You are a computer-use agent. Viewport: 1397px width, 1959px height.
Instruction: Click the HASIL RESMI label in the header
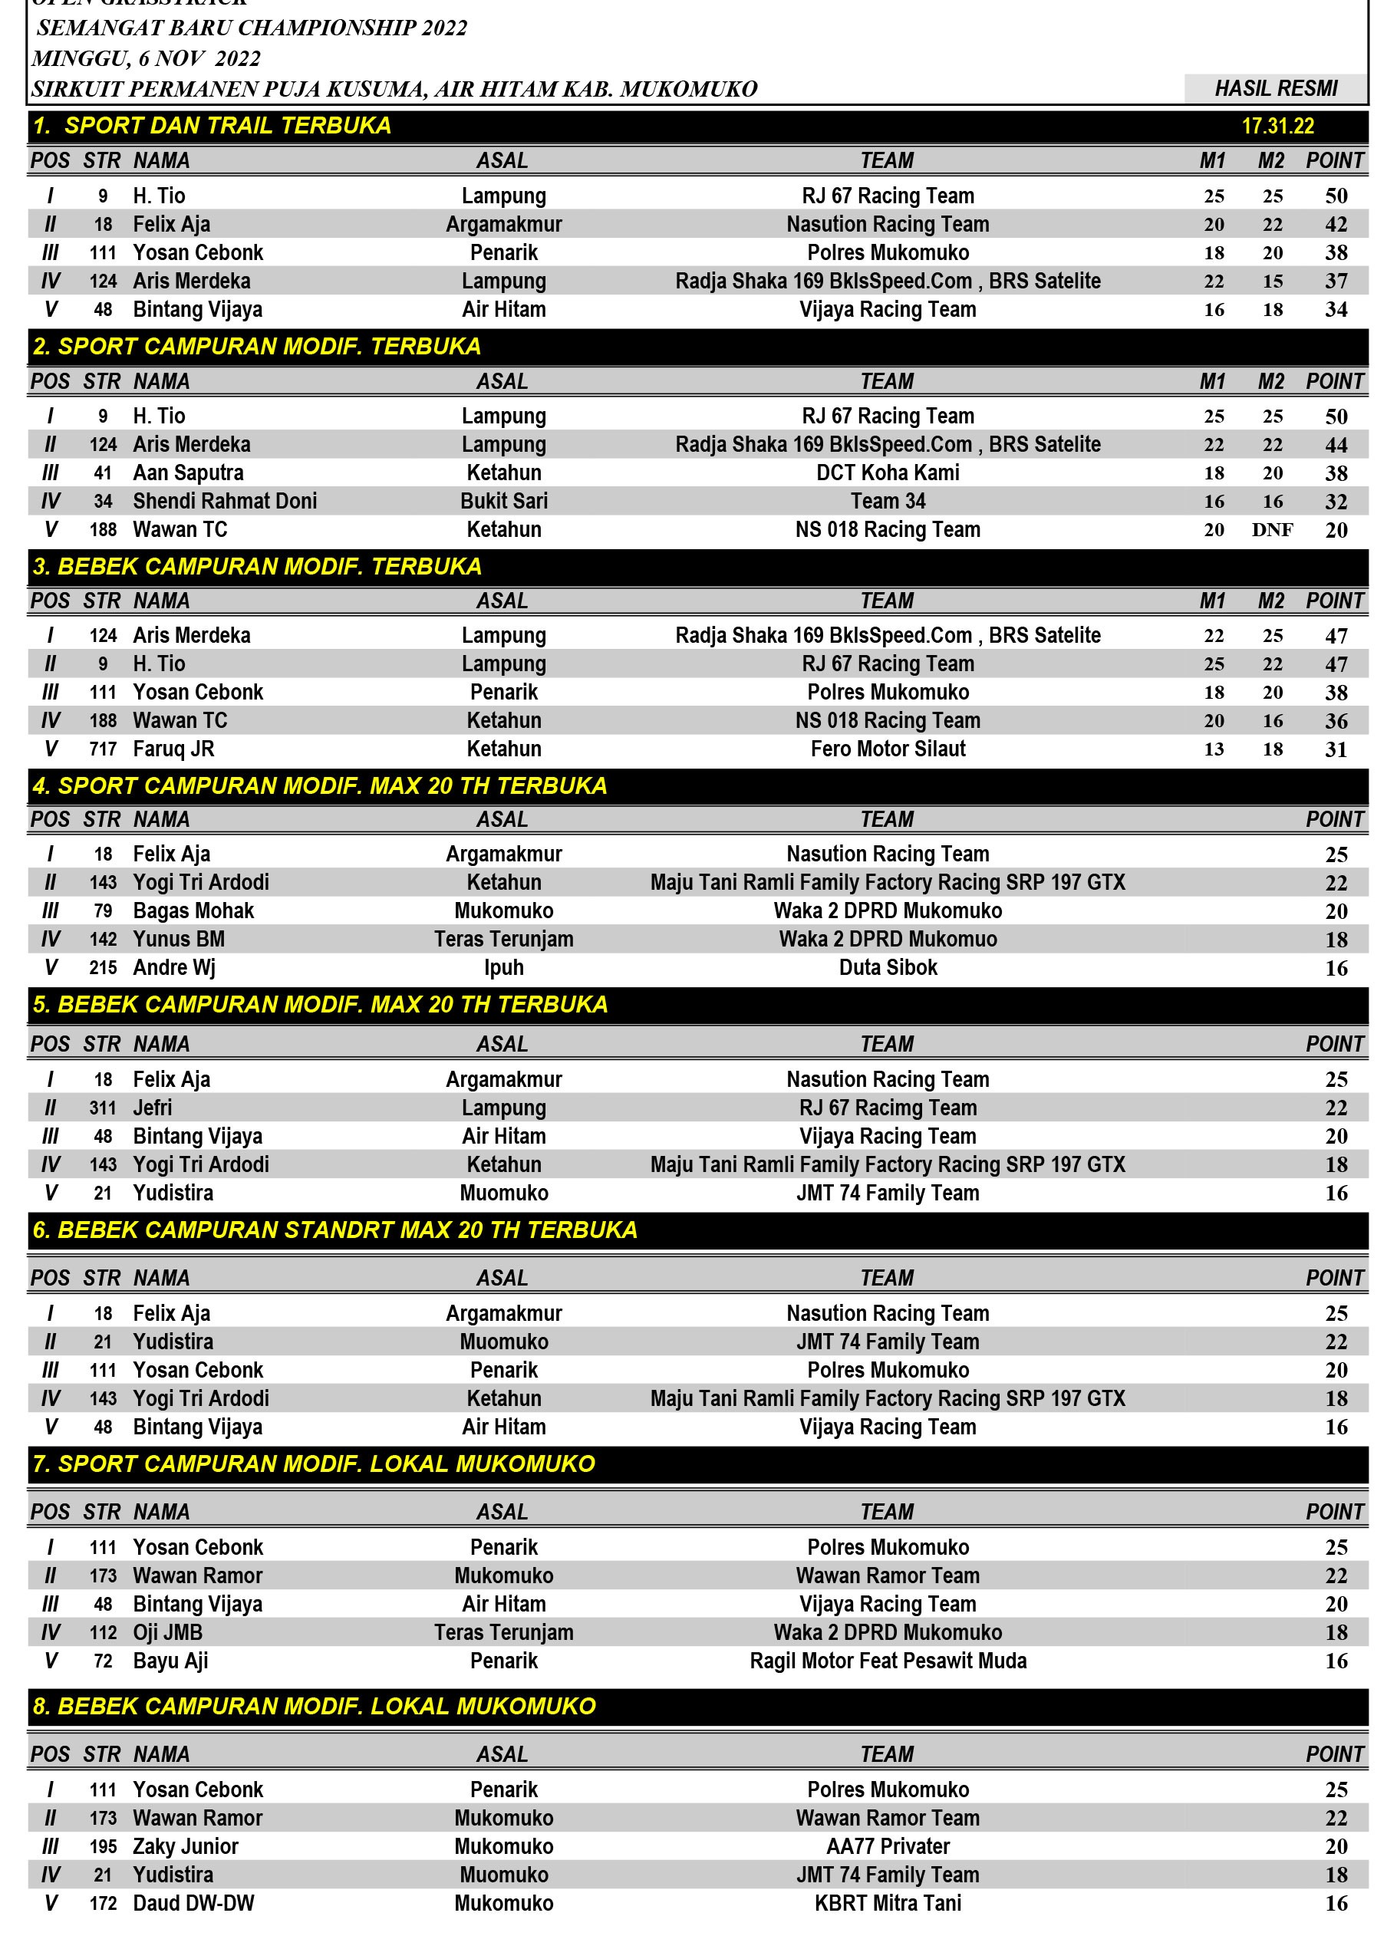click(1275, 88)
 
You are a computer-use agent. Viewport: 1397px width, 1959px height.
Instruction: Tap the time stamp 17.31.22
click(1277, 127)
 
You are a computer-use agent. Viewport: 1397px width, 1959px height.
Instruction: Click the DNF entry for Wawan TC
click(1271, 530)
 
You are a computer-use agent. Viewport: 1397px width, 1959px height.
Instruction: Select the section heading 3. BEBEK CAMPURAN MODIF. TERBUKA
click(257, 567)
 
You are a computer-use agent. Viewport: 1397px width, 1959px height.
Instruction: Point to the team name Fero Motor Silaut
click(888, 749)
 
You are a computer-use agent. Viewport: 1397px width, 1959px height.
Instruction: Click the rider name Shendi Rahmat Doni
click(225, 502)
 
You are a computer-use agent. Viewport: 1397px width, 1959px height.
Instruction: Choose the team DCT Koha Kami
click(888, 473)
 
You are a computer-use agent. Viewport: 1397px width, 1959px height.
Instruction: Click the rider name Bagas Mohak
click(193, 910)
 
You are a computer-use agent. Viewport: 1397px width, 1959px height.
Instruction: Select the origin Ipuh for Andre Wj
click(503, 967)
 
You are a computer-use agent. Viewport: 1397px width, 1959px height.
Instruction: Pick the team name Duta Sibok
click(888, 967)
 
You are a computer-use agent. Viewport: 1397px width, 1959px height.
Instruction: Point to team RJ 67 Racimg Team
click(888, 1108)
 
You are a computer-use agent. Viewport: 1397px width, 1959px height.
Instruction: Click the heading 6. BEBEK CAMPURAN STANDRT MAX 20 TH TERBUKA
click(335, 1230)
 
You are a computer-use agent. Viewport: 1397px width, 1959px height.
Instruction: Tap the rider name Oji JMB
click(168, 1632)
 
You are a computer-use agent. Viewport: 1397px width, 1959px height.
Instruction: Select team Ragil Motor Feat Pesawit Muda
click(888, 1661)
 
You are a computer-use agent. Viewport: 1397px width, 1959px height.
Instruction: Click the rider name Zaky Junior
click(186, 1846)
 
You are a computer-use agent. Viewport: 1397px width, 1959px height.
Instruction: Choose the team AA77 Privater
click(888, 1846)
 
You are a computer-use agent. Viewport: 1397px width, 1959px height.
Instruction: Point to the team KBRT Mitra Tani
click(888, 1903)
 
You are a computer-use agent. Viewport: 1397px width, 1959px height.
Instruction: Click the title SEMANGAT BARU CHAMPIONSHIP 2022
click(252, 28)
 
